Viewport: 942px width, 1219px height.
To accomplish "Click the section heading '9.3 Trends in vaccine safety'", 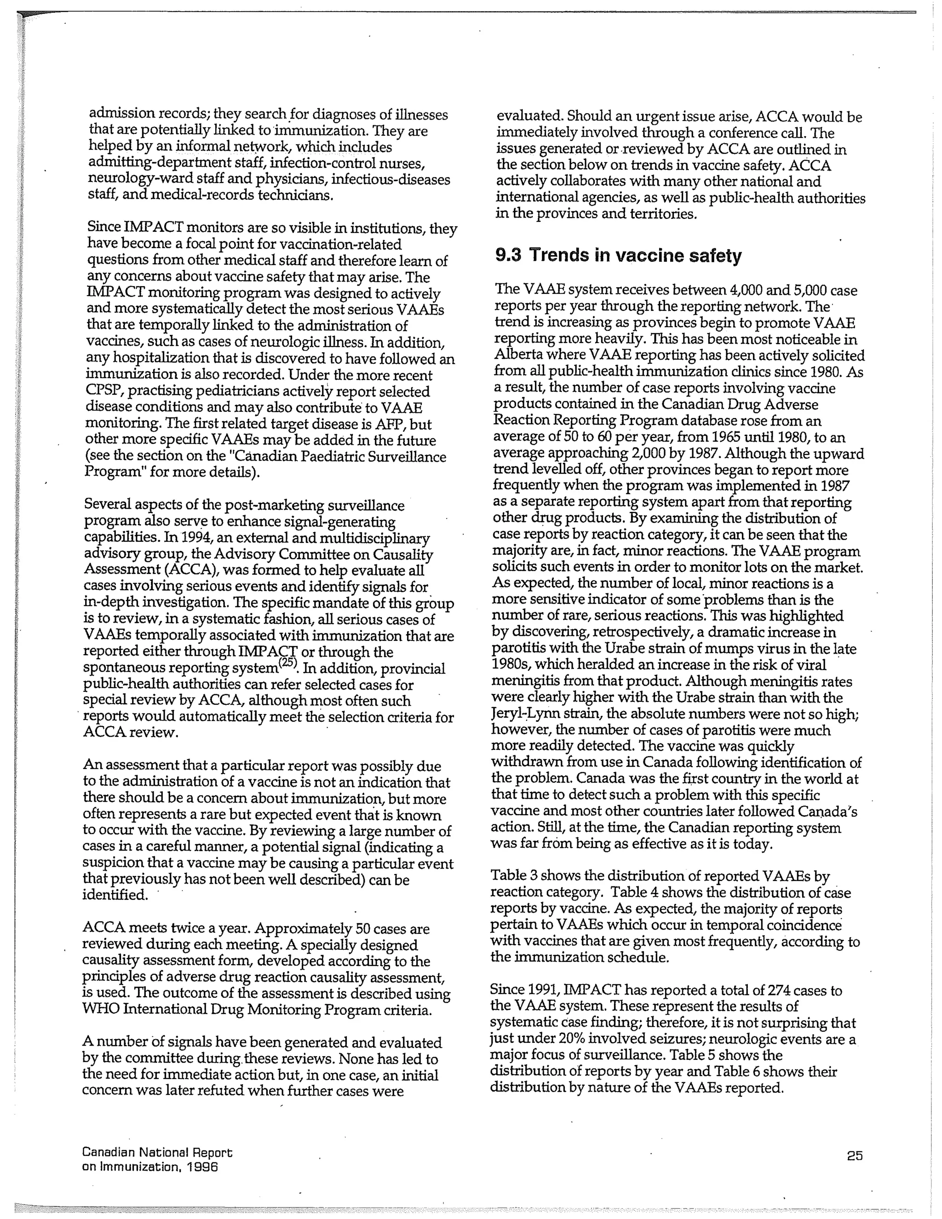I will [x=618, y=255].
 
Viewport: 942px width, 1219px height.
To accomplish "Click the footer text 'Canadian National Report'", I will [x=157, y=1152].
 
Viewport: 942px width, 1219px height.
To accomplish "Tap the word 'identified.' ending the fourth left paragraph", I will [x=115, y=895].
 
